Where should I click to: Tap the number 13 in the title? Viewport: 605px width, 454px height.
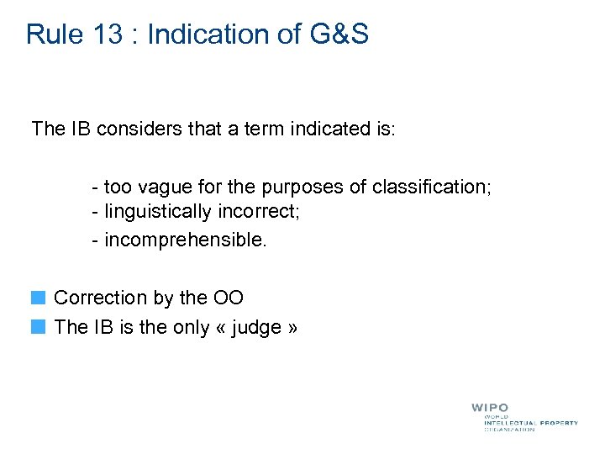click(114, 34)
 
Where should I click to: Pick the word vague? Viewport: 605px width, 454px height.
click(172, 187)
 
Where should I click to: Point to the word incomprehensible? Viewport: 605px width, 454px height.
click(185, 240)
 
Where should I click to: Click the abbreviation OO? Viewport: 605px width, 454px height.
click(228, 298)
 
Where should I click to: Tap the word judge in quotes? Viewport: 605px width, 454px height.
click(256, 327)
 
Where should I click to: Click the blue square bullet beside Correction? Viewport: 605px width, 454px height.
click(38, 298)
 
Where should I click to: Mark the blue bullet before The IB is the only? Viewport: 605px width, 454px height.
click(38, 327)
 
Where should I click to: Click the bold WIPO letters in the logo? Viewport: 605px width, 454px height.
click(489, 408)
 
